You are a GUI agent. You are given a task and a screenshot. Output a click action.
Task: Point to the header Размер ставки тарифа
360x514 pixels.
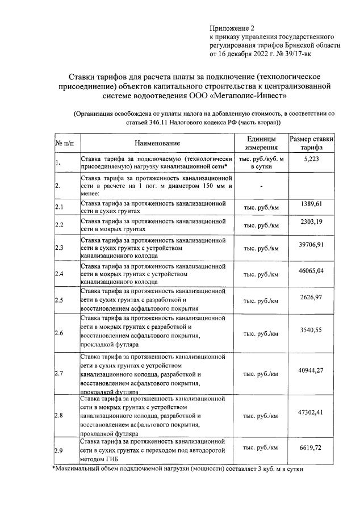click(x=312, y=143)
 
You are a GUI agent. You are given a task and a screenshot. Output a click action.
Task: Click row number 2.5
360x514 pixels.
click(x=59, y=299)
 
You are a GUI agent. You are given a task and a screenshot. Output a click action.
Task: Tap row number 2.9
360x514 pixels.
click(x=59, y=451)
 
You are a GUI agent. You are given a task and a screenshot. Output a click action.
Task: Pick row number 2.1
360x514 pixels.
click(x=59, y=206)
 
